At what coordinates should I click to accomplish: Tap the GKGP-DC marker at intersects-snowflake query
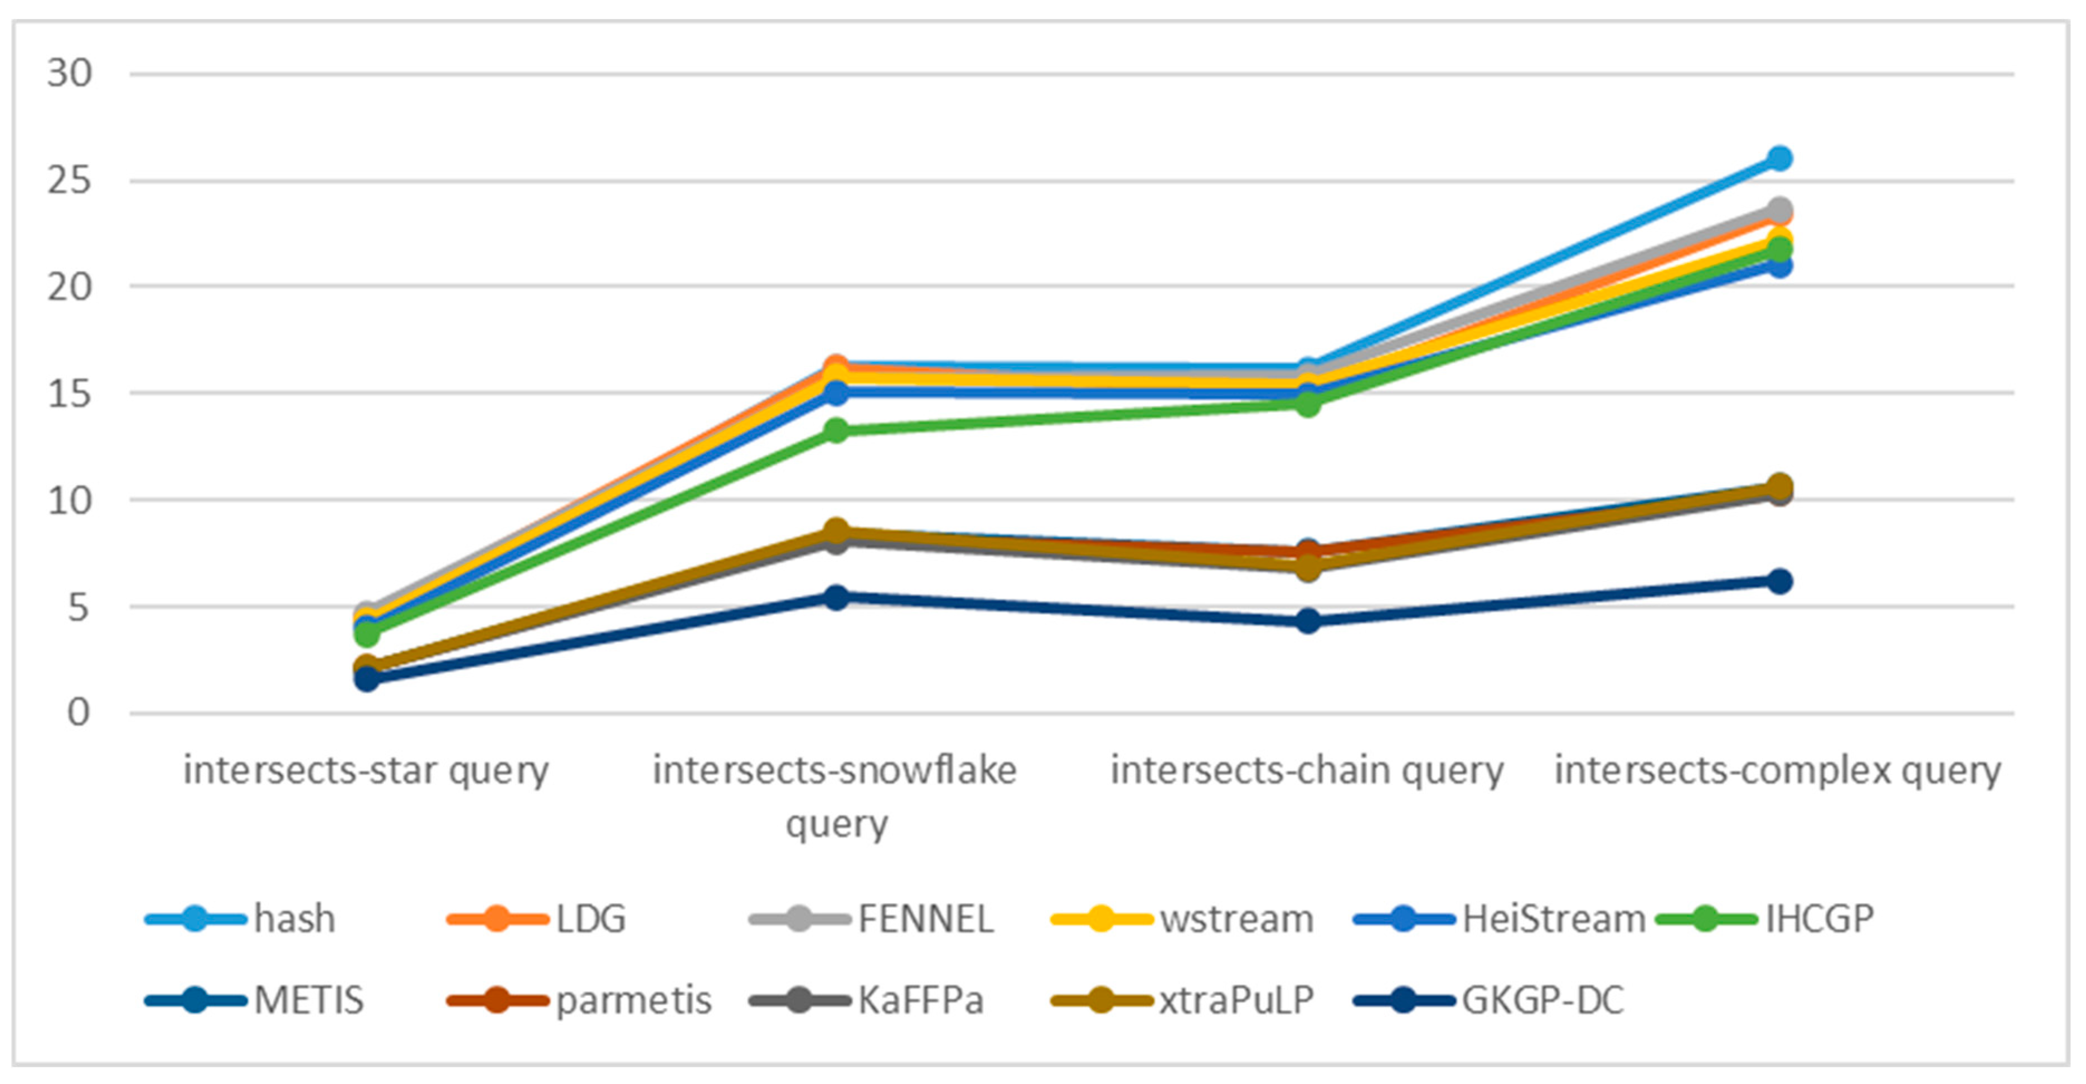tap(837, 597)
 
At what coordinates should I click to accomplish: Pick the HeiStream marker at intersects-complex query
tap(1778, 265)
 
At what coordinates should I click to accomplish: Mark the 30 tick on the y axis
tap(70, 74)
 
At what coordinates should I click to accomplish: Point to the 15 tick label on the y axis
tap(70, 394)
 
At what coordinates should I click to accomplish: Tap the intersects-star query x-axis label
tap(366, 770)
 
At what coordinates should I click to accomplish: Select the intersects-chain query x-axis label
tap(1307, 770)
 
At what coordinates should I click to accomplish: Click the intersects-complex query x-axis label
tap(1778, 770)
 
